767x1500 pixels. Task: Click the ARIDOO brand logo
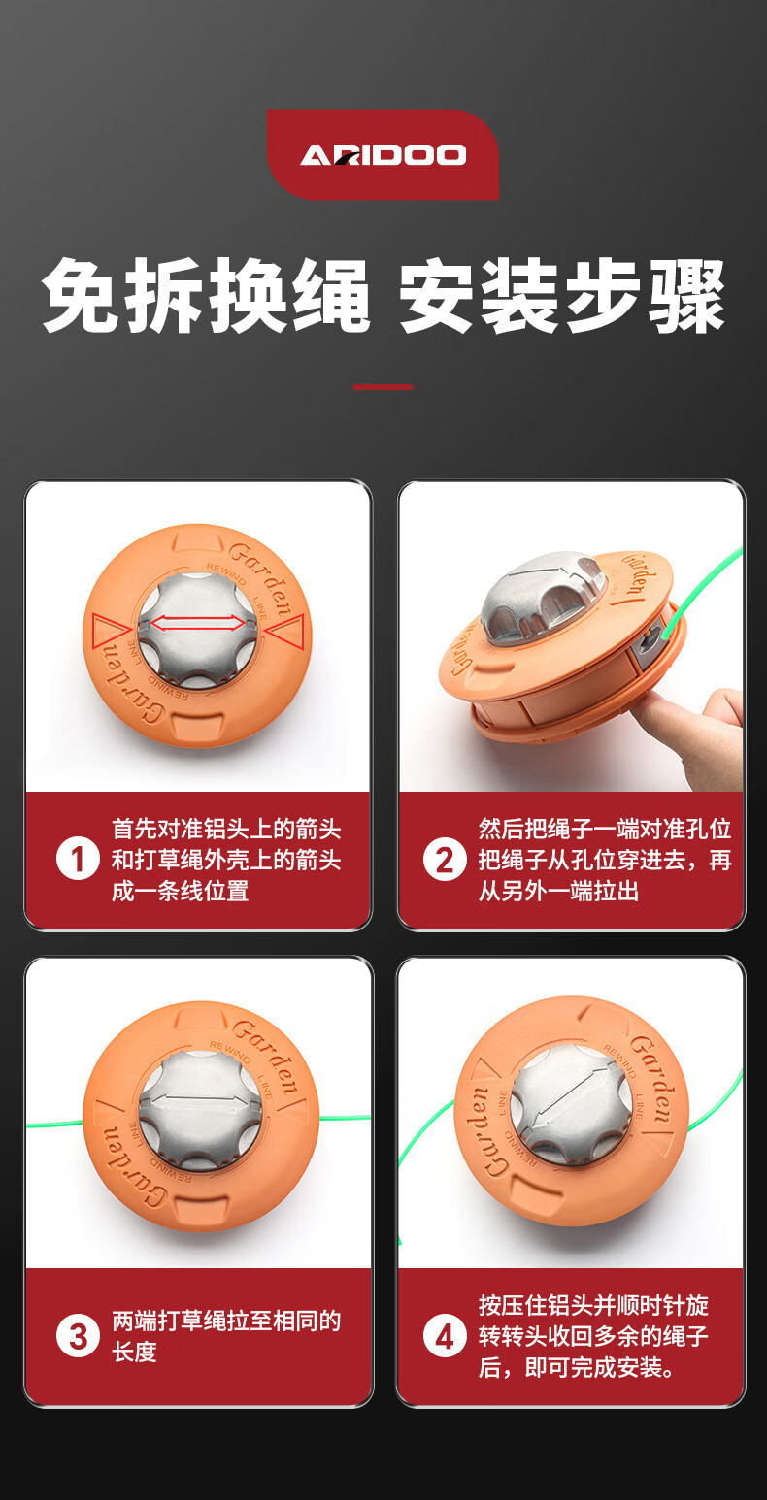tap(383, 154)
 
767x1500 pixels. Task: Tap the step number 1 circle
tap(78, 860)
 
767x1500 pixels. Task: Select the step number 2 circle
tap(445, 860)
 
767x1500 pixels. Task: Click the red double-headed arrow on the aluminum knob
tap(198, 624)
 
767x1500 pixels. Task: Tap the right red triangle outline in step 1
tap(284, 630)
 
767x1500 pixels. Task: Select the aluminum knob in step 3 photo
tap(200, 1113)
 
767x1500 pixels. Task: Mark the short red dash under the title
tap(383, 386)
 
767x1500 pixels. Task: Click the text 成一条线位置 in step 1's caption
tap(181, 892)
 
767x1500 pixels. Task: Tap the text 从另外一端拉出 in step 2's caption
tap(558, 892)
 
